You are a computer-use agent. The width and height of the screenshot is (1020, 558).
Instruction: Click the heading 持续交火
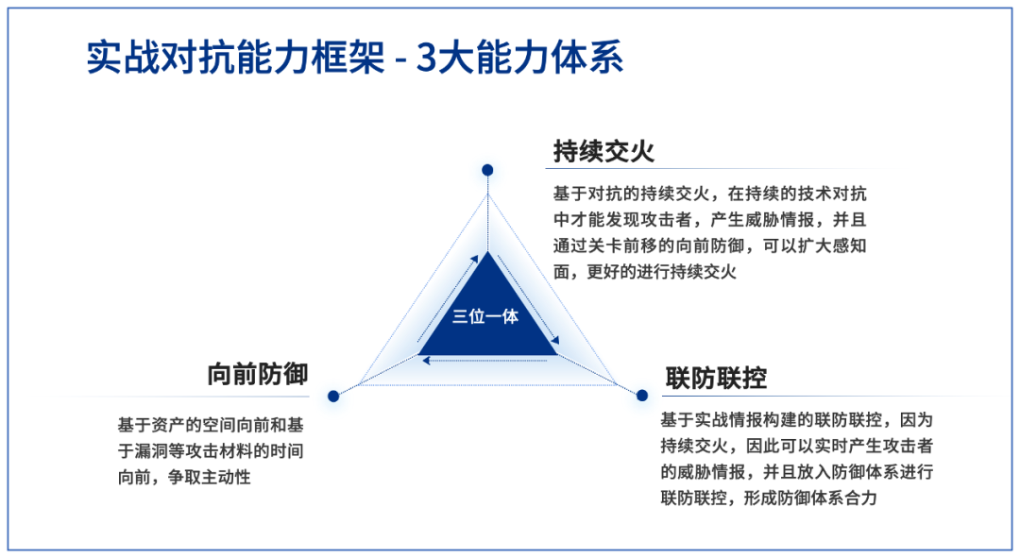pos(603,151)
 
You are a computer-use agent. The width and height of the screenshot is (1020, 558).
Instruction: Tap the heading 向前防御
pos(258,375)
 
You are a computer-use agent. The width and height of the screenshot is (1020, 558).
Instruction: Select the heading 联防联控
pos(716,378)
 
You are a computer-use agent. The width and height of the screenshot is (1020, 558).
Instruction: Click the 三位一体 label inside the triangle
pos(485,316)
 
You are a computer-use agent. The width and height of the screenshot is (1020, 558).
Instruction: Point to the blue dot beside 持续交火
pos(487,170)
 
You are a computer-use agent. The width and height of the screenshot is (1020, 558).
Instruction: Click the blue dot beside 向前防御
pos(333,396)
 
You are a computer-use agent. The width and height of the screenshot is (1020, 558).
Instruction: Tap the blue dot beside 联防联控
pos(642,396)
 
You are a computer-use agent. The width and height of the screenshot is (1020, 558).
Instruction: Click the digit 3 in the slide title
pos(425,59)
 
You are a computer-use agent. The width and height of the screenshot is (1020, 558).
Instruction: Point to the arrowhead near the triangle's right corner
pos(555,340)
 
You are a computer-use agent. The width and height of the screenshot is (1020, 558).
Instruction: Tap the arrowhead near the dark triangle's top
pos(474,260)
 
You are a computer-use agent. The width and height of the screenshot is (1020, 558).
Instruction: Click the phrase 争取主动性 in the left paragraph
pos(210,478)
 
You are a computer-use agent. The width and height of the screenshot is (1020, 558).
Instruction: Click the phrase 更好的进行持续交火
pos(661,272)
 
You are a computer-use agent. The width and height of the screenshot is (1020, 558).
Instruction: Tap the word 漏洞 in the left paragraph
pos(151,451)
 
